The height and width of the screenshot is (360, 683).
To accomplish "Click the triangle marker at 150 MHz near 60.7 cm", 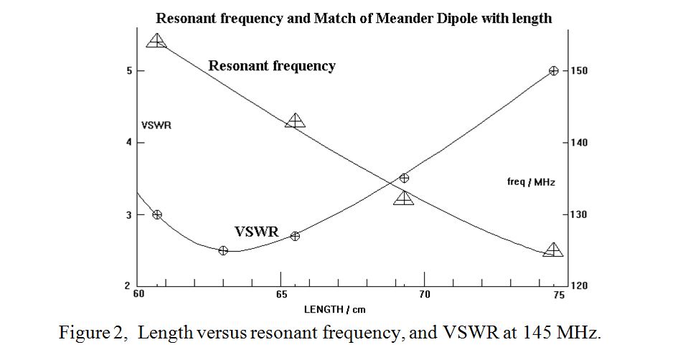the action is (x=157, y=41).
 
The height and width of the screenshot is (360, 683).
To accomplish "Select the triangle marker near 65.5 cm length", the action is (x=296, y=120).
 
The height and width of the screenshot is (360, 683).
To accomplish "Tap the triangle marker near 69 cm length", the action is (x=403, y=198).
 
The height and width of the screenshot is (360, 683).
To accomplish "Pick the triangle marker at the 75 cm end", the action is (x=553, y=250).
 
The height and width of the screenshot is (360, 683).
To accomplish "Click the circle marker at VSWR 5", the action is (x=553, y=70).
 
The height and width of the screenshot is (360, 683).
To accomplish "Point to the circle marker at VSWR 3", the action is (x=157, y=214).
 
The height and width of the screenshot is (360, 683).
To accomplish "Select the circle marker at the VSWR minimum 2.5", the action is (x=223, y=250).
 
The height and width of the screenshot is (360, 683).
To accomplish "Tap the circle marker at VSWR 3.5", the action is (x=404, y=178).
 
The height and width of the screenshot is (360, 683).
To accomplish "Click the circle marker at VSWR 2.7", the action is (x=296, y=236).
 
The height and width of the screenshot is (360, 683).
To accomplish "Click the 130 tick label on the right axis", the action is (x=579, y=214).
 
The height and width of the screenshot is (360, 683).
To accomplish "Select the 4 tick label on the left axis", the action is (x=129, y=143).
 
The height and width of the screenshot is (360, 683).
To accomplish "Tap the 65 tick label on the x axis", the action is (x=281, y=295).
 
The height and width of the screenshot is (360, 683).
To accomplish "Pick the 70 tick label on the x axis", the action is (x=424, y=295).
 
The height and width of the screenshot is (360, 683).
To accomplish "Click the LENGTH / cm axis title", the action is (x=334, y=310).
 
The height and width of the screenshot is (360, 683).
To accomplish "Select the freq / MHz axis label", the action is (x=531, y=182).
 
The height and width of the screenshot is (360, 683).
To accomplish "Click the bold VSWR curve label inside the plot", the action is (x=257, y=232).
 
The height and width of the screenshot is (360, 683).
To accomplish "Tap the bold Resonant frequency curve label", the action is (x=272, y=66).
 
